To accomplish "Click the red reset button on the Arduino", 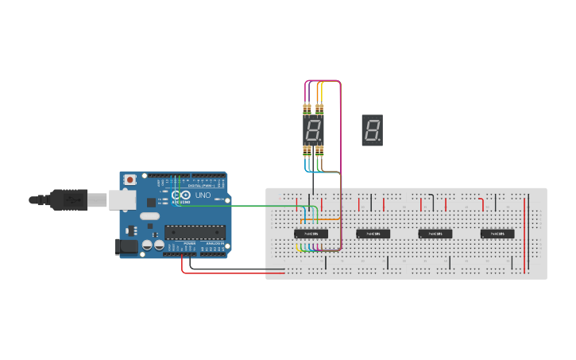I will pyautogui.click(x=130, y=180).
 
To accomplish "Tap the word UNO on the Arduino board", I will pyautogui.click(x=203, y=195).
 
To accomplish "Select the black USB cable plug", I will pyautogui.click(x=70, y=200).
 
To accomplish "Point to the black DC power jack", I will pyautogui.click(x=126, y=247).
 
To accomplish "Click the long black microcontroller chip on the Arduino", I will pyautogui.click(x=195, y=232).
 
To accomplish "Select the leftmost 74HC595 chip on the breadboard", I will pyautogui.click(x=311, y=234).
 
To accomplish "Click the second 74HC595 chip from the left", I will pyautogui.click(x=373, y=234).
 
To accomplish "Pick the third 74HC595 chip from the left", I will pyautogui.click(x=435, y=234).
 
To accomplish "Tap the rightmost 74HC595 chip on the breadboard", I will pyautogui.click(x=497, y=234).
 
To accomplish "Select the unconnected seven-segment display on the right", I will pyautogui.click(x=372, y=130).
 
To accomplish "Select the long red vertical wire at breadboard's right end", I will pyautogui.click(x=524, y=234).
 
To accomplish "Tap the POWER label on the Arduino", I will pyautogui.click(x=189, y=242).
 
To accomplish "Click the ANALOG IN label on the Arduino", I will pyautogui.click(x=215, y=242).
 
